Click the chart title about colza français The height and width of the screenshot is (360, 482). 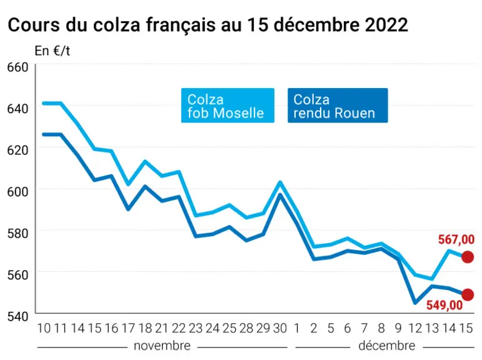pyautogui.click(x=208, y=25)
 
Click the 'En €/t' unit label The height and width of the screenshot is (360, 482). pyautogui.click(x=53, y=51)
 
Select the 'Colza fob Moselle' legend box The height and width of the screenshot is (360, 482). pyautogui.click(x=228, y=106)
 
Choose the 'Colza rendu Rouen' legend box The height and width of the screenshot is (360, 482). pyautogui.click(x=338, y=106)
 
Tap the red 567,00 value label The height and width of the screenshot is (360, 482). pyautogui.click(x=456, y=239)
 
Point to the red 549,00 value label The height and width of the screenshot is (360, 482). pyautogui.click(x=444, y=305)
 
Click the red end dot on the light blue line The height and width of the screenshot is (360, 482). pyautogui.click(x=468, y=257)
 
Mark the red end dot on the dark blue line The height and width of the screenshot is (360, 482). pyautogui.click(x=468, y=294)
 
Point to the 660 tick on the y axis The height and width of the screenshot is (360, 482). pyautogui.click(x=18, y=67)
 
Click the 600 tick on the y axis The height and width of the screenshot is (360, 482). pyautogui.click(x=18, y=192)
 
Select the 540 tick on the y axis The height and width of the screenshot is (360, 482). pyautogui.click(x=18, y=316)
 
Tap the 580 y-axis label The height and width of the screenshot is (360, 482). pyautogui.click(x=18, y=233)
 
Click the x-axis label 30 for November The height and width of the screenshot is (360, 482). pyautogui.click(x=279, y=328)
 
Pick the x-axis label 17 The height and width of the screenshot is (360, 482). pyautogui.click(x=128, y=328)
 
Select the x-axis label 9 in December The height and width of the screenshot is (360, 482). pyautogui.click(x=398, y=328)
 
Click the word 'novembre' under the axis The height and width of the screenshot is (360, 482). pyautogui.click(x=162, y=346)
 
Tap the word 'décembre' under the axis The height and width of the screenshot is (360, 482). pyautogui.click(x=387, y=346)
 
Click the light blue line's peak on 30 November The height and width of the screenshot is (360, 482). pyautogui.click(x=280, y=182)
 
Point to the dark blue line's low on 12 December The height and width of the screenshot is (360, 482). pyautogui.click(x=415, y=303)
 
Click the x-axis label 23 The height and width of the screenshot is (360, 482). pyautogui.click(x=196, y=328)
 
